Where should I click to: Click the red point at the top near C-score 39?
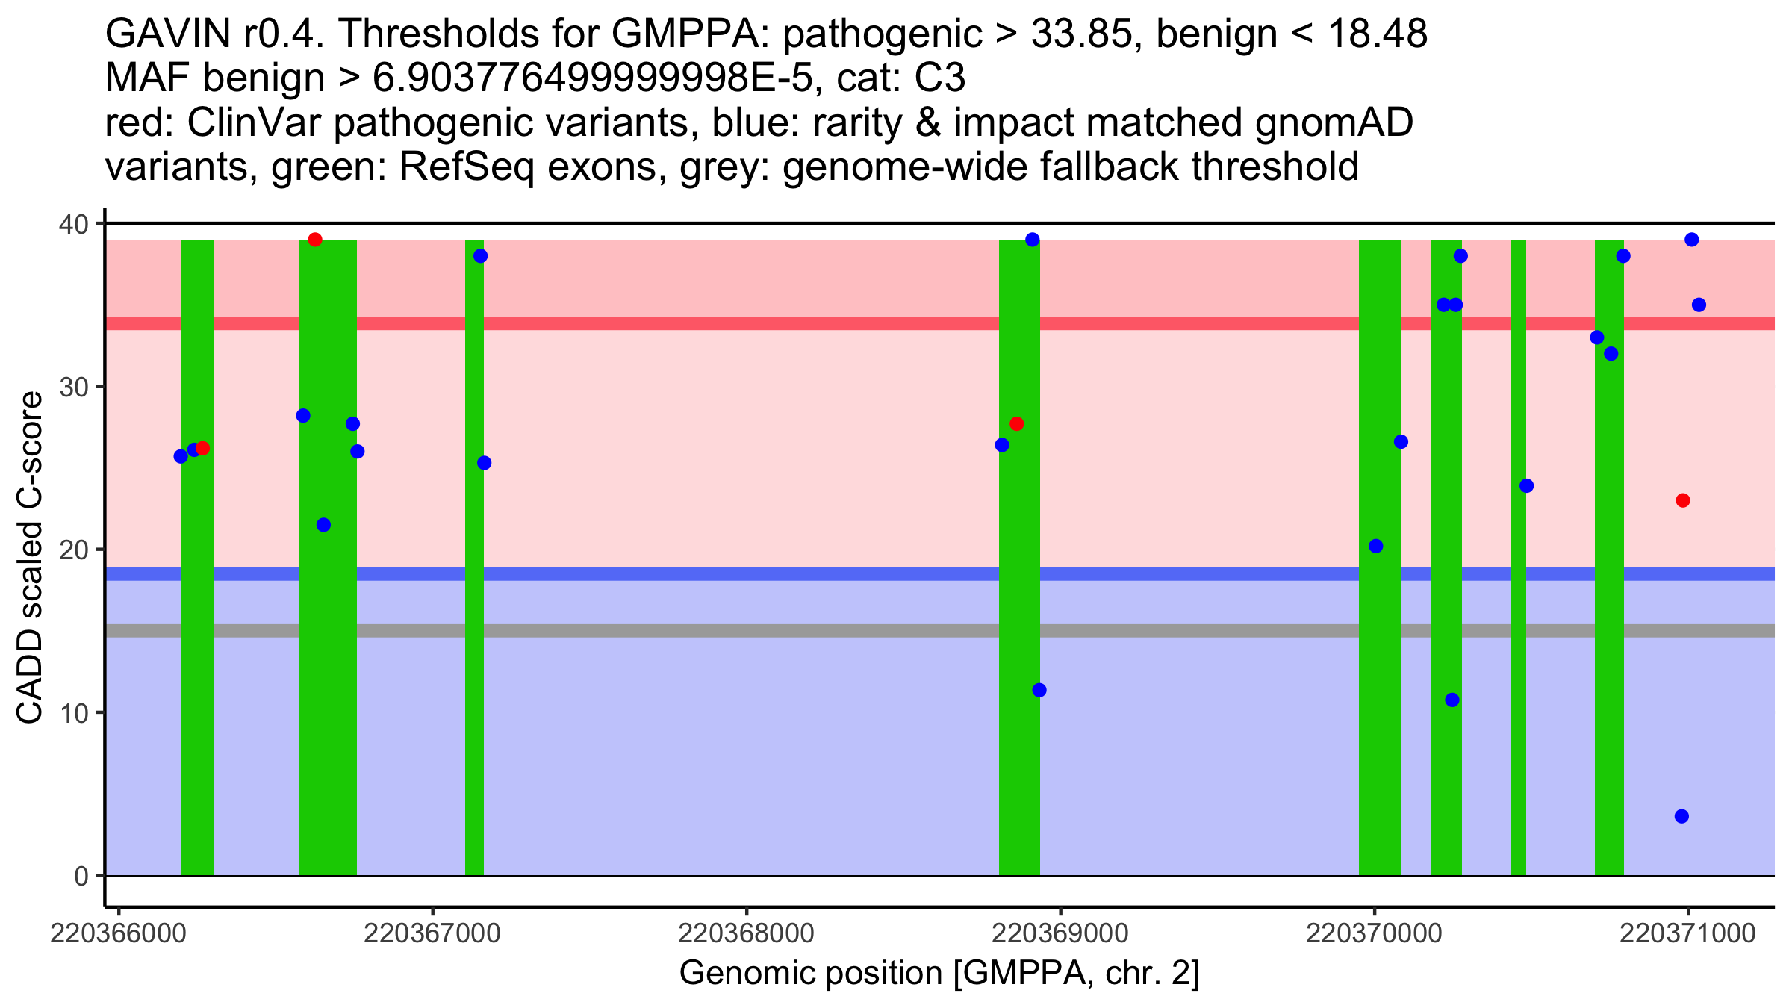(315, 240)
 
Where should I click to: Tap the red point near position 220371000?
(1682, 500)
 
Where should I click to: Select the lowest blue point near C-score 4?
(1681, 816)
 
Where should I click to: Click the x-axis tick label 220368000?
(746, 934)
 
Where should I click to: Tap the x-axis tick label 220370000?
(1374, 934)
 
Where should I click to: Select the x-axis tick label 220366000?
(118, 934)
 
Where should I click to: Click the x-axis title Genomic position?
(939, 974)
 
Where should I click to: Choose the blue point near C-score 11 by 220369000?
(1039, 690)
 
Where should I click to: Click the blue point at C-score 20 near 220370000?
(1376, 547)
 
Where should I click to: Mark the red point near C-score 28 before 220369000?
(1016, 424)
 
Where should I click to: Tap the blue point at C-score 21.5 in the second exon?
(323, 525)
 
